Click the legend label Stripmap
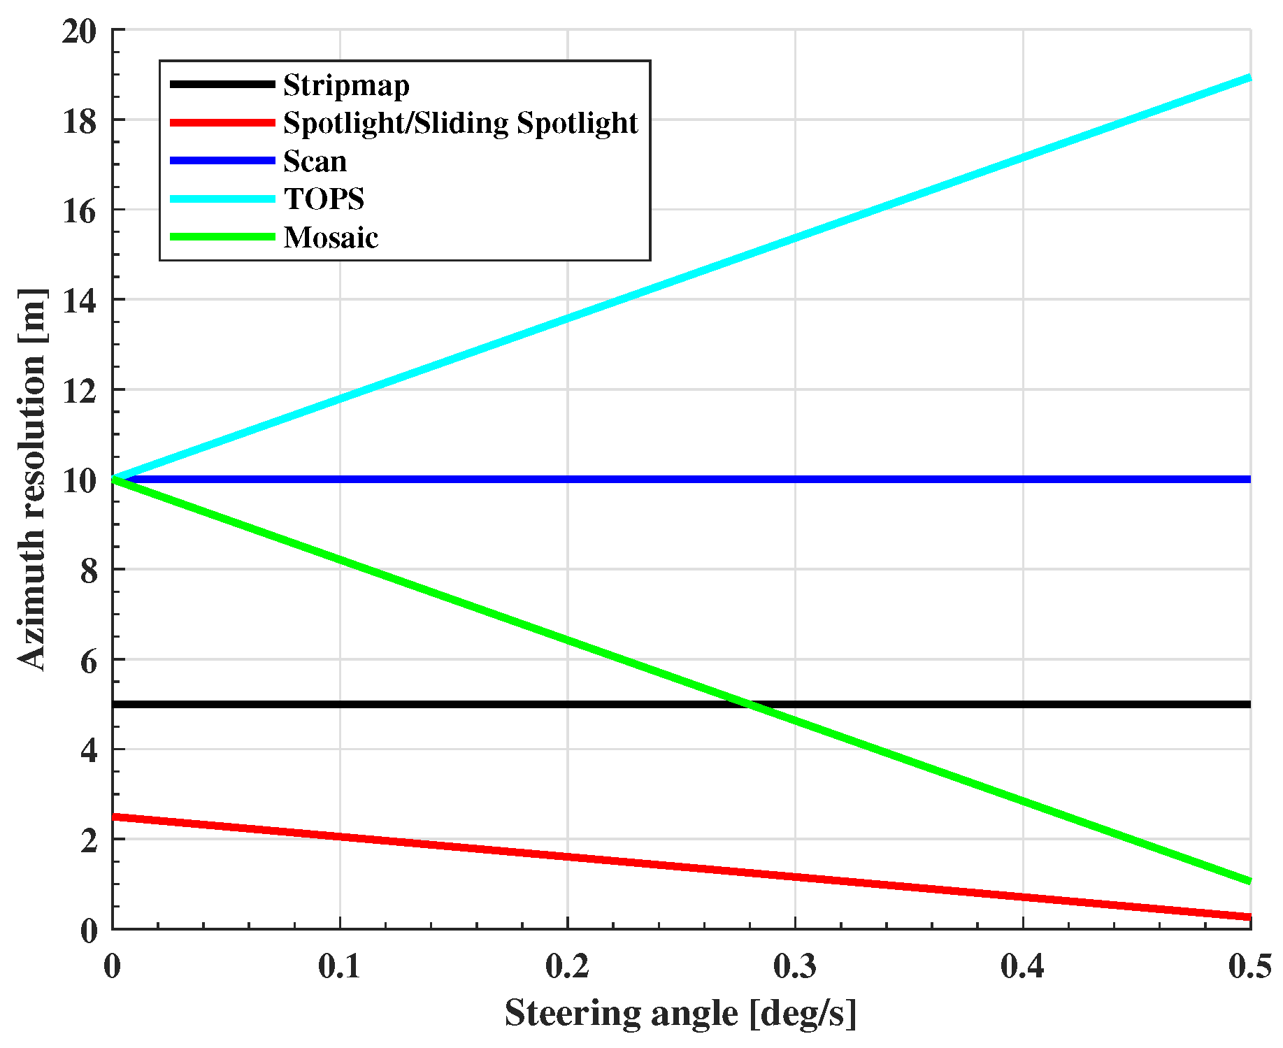coord(346,85)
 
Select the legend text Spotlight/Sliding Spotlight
coord(460,123)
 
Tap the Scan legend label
coord(315,161)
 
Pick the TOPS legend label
coord(324,199)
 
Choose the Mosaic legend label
coord(331,238)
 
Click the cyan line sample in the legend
coord(222,199)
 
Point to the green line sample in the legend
coord(222,238)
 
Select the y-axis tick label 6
coord(88,661)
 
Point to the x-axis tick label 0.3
coord(795,966)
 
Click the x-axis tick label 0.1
coord(340,966)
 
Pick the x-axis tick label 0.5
coord(1250,966)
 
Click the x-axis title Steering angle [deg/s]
coord(680,1013)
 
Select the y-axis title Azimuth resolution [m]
coord(31,480)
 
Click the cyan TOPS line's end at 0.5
coord(1249,78)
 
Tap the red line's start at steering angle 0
coord(114,817)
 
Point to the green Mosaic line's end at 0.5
coord(1249,881)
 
